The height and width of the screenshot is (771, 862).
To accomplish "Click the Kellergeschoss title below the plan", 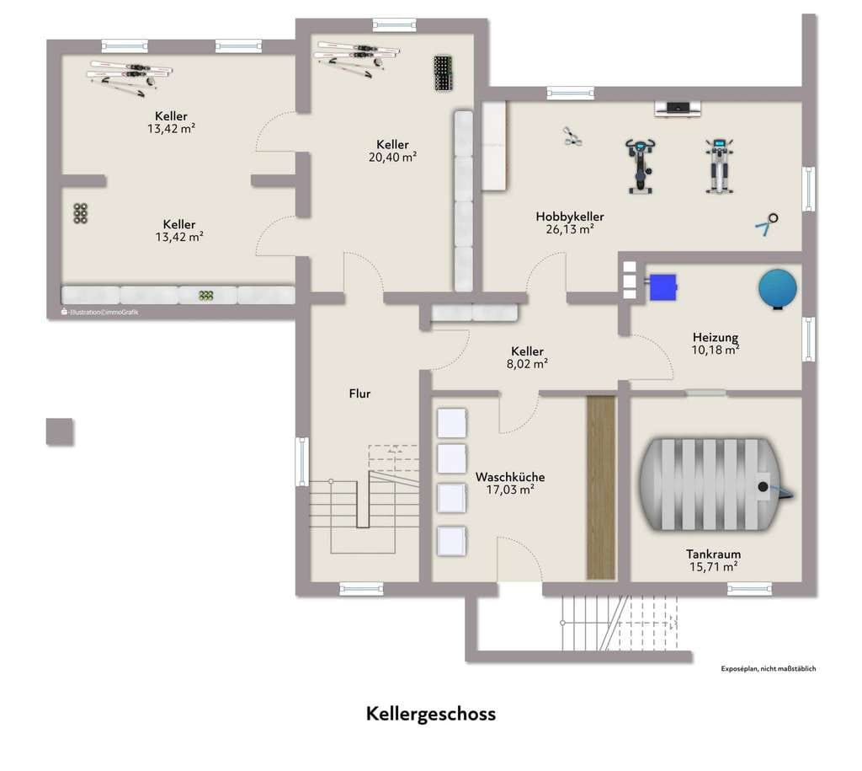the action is pos(431,714).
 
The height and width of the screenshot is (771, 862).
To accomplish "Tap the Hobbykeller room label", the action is pos(570,217).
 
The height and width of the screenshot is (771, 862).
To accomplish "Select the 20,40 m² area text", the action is pos(392,158).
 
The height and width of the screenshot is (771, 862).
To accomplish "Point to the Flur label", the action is pos(359,394).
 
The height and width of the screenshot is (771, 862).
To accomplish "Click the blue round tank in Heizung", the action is pos(778,289).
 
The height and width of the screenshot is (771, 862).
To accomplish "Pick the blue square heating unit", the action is pos(663,286).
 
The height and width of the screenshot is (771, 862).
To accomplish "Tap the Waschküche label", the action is pos(510,477).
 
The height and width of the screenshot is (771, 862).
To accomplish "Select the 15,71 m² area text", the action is pos(714,567).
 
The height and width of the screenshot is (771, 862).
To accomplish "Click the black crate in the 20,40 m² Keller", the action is pos(443,73).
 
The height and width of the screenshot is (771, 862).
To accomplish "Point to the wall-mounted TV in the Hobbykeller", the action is pos(678,109).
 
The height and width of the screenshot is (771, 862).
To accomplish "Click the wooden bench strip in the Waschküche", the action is pos(600,487).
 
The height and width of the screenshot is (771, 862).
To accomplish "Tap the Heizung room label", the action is pos(716,337).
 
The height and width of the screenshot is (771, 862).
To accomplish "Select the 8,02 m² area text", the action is pos(527,364).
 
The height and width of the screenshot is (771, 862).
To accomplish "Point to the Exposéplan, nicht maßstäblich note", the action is pos(769,669).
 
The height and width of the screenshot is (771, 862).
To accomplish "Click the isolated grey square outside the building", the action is pos(60,431).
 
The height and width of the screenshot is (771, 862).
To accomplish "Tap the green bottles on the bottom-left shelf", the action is pos(205,296).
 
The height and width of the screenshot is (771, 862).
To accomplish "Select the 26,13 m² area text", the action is pos(570,229).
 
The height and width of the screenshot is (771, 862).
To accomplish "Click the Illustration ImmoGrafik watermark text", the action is pos(100,312).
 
